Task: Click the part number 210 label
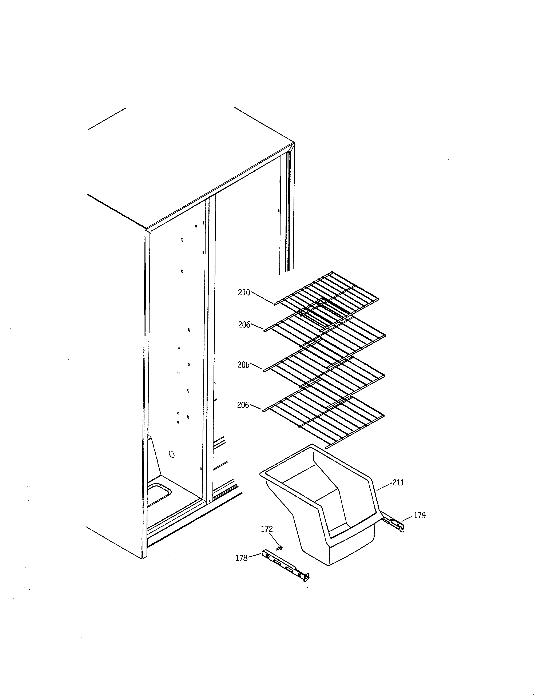[244, 293]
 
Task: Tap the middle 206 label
[243, 365]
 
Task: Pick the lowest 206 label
[243, 405]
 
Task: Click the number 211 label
[398, 483]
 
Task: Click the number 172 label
[267, 529]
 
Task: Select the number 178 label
[242, 558]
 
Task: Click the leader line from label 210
[262, 298]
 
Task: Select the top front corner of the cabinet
[146, 229]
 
